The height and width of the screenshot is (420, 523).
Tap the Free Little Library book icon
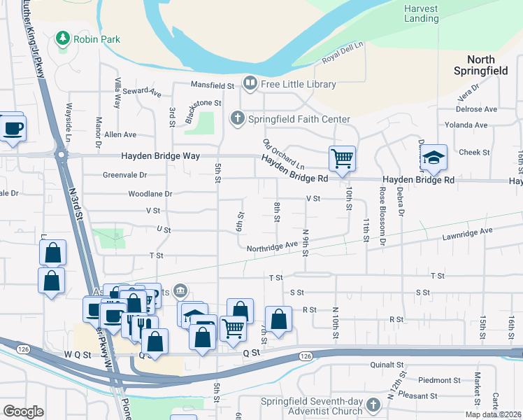click(x=250, y=84)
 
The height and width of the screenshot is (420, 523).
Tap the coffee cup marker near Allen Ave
click(x=13, y=128)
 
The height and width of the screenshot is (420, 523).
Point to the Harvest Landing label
click(x=421, y=13)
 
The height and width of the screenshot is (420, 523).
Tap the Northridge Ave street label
click(x=272, y=246)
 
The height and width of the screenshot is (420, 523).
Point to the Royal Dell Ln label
click(x=343, y=54)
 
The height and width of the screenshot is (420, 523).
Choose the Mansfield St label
click(x=213, y=85)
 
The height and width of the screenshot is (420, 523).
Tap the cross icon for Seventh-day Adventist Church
click(x=373, y=405)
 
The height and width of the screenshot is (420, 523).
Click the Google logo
click(x=23, y=412)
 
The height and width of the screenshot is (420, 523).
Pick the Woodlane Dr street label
click(x=150, y=193)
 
